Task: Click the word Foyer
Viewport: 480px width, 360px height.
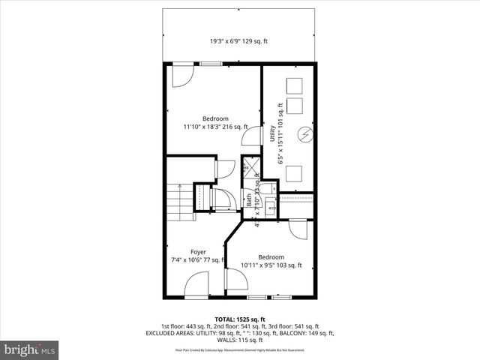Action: (x=198, y=251)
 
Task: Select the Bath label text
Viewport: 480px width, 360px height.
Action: (x=249, y=201)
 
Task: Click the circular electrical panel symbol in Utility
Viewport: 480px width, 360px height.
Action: (x=304, y=135)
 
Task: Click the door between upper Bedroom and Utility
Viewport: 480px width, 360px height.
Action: (x=254, y=136)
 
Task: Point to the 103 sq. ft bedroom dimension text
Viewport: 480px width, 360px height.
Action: (x=271, y=265)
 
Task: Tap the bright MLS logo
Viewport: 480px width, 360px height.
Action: (x=29, y=349)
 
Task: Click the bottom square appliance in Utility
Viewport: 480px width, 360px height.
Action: (x=295, y=173)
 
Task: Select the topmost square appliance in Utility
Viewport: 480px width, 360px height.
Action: (x=295, y=82)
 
